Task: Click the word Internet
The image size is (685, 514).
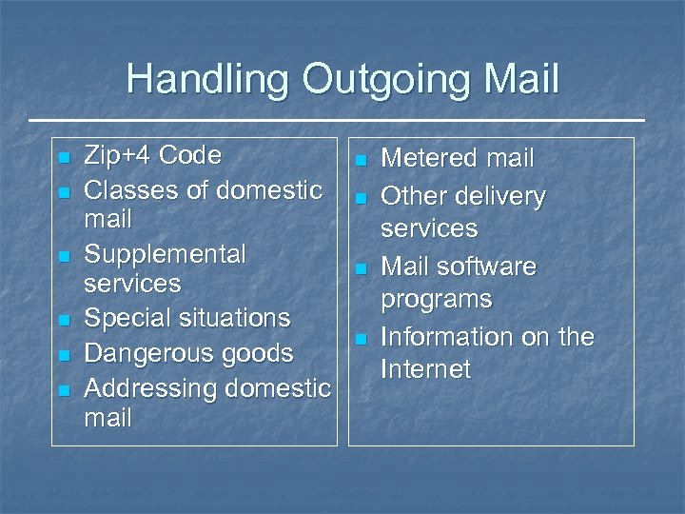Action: [x=425, y=369]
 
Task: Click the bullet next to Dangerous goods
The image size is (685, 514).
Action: [x=64, y=355]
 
